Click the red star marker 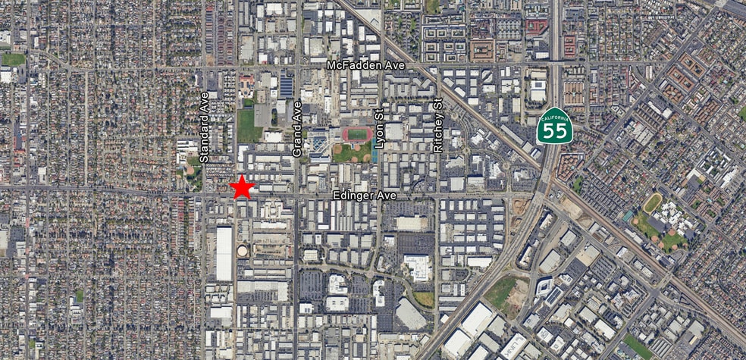point(242,186)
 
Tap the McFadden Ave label point(366,66)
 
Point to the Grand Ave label point(297,129)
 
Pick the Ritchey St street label point(437,126)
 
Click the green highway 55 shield point(555,126)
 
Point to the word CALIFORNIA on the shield point(555,115)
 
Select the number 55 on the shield point(555,131)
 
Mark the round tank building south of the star point(242,251)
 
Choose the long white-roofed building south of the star point(224,253)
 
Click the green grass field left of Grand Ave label point(249,126)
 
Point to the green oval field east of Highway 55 point(652,203)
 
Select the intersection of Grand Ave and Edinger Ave point(295,196)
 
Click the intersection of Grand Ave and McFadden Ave point(296,66)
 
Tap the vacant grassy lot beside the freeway point(503,291)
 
